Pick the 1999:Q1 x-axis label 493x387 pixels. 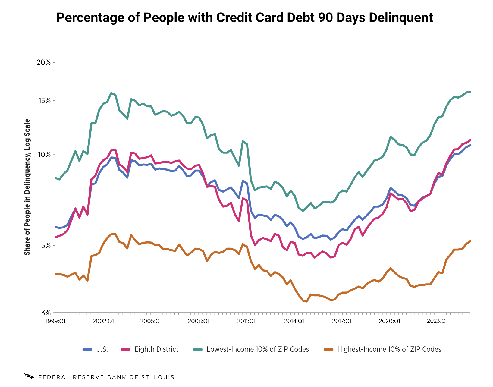55,321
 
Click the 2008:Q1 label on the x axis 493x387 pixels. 199,321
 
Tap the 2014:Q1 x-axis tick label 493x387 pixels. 294,321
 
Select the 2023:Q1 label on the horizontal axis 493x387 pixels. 437,321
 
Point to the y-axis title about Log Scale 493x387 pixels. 27,187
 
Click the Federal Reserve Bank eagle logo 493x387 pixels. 29,376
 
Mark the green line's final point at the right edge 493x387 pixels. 470,92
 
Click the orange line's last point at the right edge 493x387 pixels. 470,241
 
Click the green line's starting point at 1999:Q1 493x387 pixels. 55,178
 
